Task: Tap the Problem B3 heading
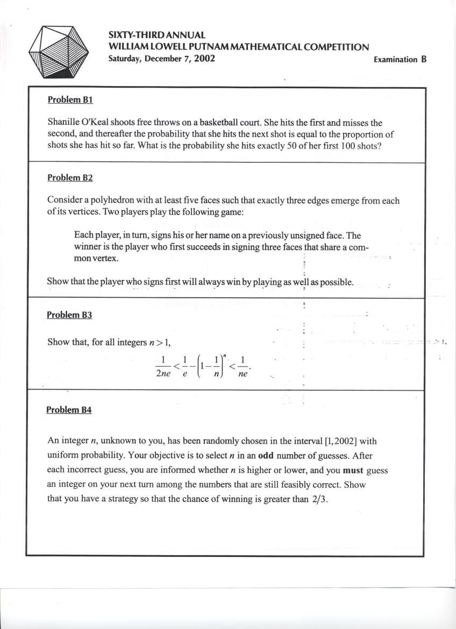(x=69, y=315)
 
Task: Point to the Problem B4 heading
(x=69, y=410)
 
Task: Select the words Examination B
(x=400, y=60)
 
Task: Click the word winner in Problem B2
(x=88, y=247)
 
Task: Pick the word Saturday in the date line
(x=125, y=59)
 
